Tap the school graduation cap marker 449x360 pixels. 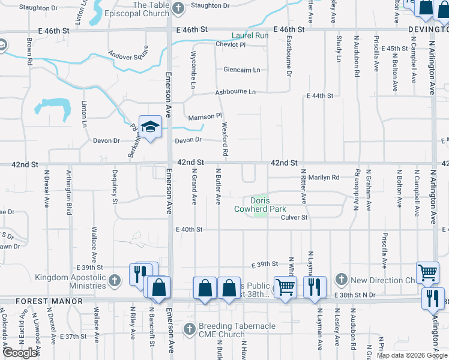point(150,127)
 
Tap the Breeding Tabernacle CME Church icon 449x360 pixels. point(189,329)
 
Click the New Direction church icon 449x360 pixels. point(342,280)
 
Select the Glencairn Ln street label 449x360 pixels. point(242,70)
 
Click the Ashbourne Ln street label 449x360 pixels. point(236,92)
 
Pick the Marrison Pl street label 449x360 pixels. point(205,116)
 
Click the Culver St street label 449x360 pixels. point(294,218)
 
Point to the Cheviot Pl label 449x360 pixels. point(231,44)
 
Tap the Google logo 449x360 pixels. point(20,353)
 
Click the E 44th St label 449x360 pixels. point(319,96)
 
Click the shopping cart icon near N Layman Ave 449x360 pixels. point(285,287)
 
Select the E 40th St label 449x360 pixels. point(190,229)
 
